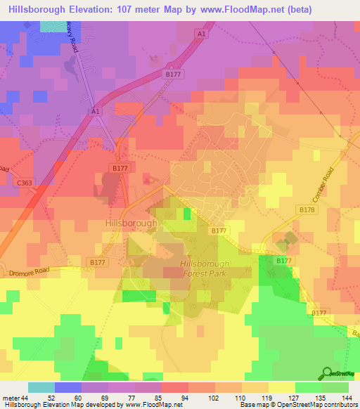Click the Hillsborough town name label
(131, 222)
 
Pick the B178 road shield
(307, 210)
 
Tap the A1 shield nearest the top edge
(202, 34)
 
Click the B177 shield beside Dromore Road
(98, 261)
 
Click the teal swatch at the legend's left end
(41, 387)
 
